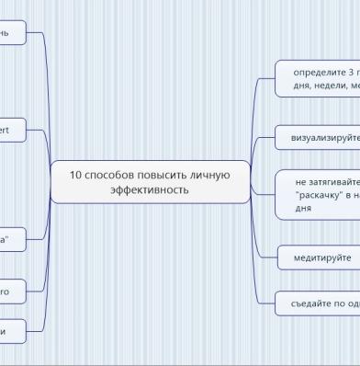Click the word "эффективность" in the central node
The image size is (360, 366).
coord(150,189)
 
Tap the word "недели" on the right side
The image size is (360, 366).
coord(329,85)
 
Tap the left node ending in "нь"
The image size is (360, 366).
coord(12,34)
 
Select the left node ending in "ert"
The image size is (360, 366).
coord(11,132)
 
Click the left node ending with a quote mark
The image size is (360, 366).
coord(11,238)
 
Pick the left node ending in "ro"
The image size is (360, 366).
coord(11,292)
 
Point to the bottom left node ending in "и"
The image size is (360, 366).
coord(11,329)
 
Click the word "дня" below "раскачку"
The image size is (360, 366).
coord(303,209)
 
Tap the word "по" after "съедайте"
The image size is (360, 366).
coord(344,303)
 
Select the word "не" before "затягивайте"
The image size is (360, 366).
coord(301,182)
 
